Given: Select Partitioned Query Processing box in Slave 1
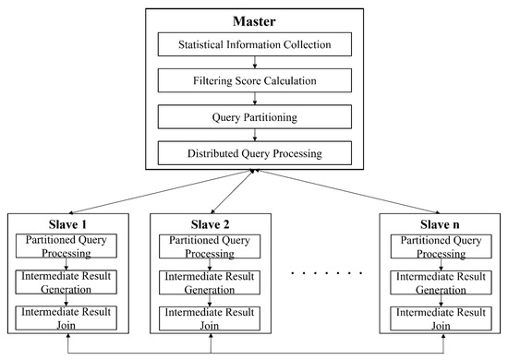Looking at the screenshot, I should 71,246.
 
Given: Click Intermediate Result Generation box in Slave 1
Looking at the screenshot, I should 71,282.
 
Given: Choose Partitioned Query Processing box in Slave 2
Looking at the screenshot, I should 212,246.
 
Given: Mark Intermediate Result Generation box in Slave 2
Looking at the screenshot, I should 212,282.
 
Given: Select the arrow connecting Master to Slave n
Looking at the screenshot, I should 351,191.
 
